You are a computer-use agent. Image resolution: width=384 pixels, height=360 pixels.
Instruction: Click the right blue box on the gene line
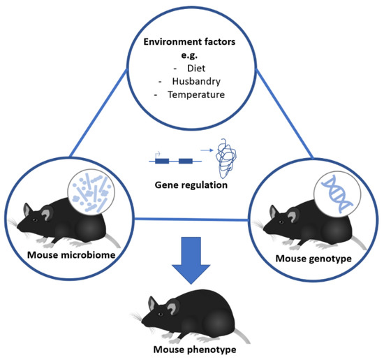[185, 161]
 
